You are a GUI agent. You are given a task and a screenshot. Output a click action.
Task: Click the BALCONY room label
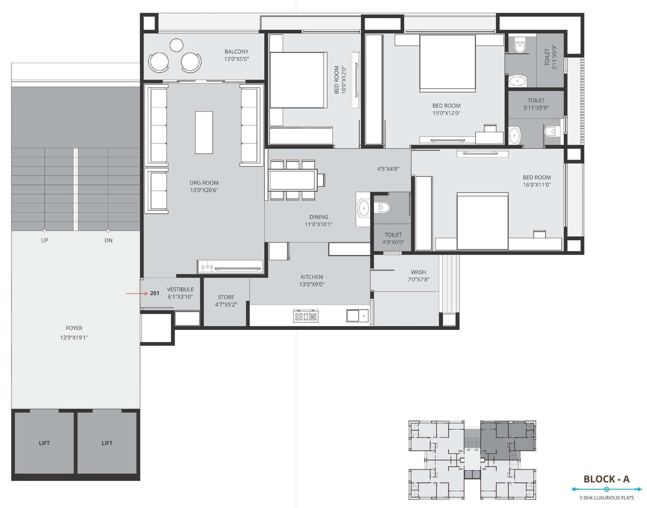click(x=236, y=51)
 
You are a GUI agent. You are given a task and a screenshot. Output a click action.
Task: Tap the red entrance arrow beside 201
click(x=137, y=293)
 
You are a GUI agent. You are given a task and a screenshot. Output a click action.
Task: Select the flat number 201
click(x=155, y=293)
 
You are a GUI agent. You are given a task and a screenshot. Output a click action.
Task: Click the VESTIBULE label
click(x=180, y=289)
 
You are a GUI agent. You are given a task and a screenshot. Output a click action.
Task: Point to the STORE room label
click(x=226, y=297)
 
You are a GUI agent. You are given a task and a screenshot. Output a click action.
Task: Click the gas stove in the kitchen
click(x=306, y=316)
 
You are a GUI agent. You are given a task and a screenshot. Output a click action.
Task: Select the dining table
click(x=293, y=180)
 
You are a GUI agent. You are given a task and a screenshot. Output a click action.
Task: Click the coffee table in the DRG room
click(x=204, y=133)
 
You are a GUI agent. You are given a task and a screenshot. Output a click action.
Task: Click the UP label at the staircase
click(x=45, y=240)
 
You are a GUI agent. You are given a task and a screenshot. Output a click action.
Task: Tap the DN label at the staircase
click(x=109, y=240)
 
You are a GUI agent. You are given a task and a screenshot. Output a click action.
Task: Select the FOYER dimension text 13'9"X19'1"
click(x=74, y=338)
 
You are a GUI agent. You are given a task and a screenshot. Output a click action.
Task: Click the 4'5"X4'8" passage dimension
click(x=388, y=169)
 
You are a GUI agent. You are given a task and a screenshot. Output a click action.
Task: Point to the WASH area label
click(x=418, y=272)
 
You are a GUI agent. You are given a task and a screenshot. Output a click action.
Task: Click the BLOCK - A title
click(x=607, y=479)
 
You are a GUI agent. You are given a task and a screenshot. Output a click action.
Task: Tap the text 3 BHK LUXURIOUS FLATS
click(x=607, y=498)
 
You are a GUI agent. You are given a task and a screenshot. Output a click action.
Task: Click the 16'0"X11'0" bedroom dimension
click(x=537, y=185)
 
